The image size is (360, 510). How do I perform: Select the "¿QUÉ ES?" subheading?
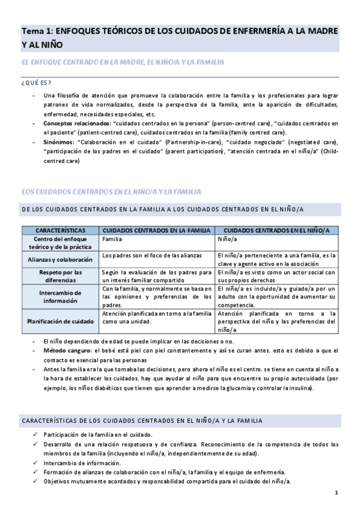tap(36, 82)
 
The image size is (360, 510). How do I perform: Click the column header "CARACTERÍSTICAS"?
tap(60, 230)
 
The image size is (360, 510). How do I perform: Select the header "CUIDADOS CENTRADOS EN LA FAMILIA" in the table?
tap(157, 230)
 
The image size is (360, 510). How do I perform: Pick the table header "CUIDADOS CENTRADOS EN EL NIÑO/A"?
tap(277, 230)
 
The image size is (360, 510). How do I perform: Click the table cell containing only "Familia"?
tap(112, 239)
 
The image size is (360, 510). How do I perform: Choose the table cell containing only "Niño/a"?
tap(227, 239)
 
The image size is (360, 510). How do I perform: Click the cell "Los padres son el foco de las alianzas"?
tap(154, 256)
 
